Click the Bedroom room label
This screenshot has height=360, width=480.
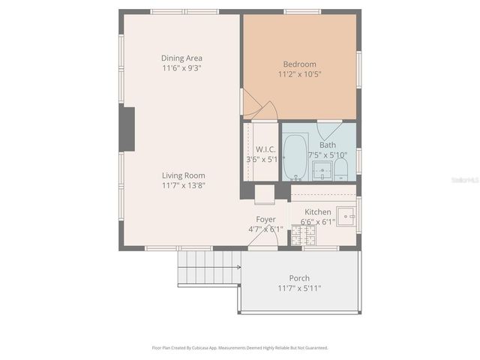299,64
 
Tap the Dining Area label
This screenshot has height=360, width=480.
181,58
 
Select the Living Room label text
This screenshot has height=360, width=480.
183,175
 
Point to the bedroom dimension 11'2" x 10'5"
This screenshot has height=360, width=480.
299,73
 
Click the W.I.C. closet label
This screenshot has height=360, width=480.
266,149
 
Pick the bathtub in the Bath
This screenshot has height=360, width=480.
295,156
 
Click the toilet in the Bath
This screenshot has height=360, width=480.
341,167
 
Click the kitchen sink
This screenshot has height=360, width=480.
347,217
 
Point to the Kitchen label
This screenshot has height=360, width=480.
318,212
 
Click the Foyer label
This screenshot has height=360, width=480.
266,220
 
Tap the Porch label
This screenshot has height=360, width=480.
299,278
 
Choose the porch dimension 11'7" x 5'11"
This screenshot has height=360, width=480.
299,288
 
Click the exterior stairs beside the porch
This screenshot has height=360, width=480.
208,268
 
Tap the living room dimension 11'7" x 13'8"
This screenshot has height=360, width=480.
183,185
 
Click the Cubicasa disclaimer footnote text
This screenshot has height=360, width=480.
240,348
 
